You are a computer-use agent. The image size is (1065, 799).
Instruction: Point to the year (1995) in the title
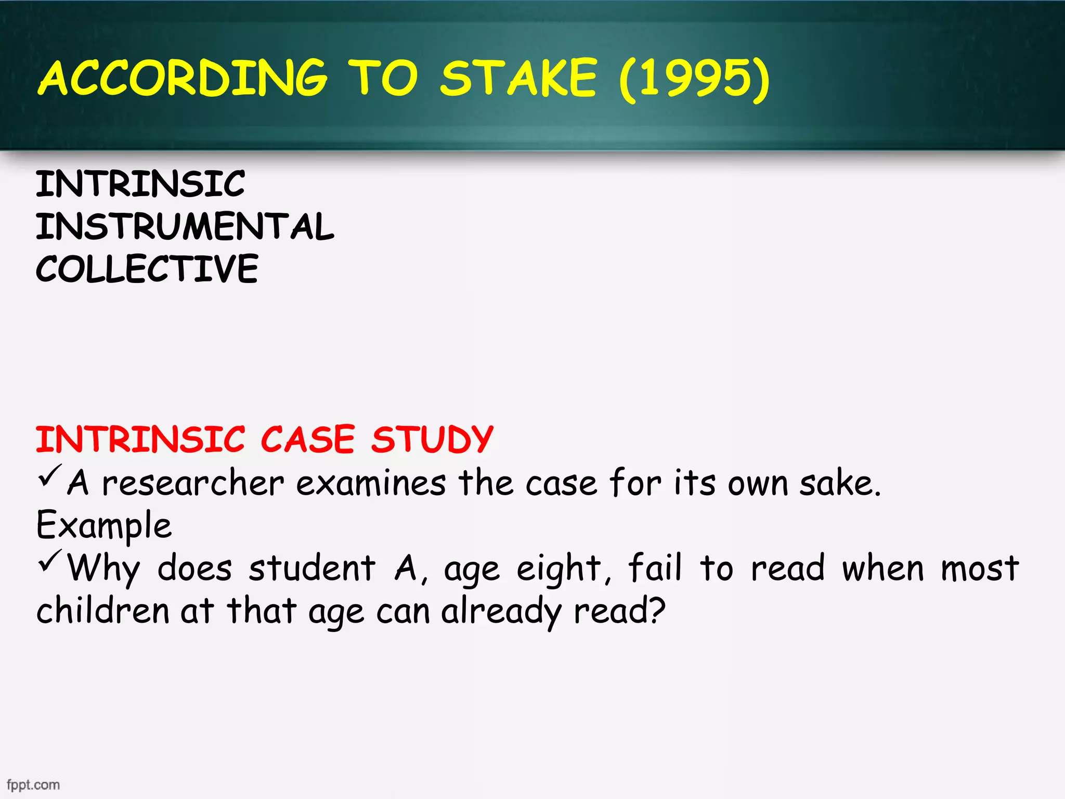tap(694, 79)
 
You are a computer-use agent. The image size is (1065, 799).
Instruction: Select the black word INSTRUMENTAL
tap(185, 227)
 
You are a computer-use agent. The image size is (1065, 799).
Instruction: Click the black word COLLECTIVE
tap(147, 269)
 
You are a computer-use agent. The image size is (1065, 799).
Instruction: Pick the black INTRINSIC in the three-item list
tap(140, 184)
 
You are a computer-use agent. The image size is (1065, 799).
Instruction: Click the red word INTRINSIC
tap(140, 440)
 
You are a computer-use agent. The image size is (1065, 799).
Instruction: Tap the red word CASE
tap(307, 440)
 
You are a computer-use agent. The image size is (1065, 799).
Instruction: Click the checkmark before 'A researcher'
tap(50, 476)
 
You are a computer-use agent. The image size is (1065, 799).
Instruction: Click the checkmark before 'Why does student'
tap(50, 561)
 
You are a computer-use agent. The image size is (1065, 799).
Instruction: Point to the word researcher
tap(193, 483)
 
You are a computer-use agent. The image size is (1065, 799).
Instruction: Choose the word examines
tap(371, 483)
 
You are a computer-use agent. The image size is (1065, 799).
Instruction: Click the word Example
tap(103, 526)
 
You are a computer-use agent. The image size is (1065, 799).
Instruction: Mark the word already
tap(501, 611)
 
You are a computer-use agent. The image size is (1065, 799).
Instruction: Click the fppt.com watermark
tap(33, 785)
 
